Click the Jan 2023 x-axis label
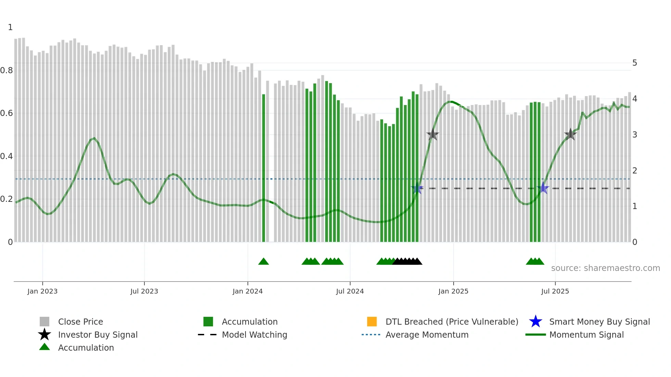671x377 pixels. [x=42, y=291]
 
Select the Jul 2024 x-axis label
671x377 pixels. [x=350, y=291]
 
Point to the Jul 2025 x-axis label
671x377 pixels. [x=555, y=291]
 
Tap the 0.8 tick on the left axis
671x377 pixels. [x=7, y=70]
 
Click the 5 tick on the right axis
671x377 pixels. [x=635, y=63]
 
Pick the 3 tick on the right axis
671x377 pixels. [x=635, y=135]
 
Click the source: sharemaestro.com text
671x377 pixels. [x=605, y=268]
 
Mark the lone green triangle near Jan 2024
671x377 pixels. [x=264, y=262]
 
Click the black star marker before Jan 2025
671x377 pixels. [x=433, y=134]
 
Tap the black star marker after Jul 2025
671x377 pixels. [x=570, y=134]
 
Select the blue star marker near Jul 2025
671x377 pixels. [x=543, y=188]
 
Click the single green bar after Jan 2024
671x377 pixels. [x=264, y=168]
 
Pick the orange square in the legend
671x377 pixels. [x=372, y=322]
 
